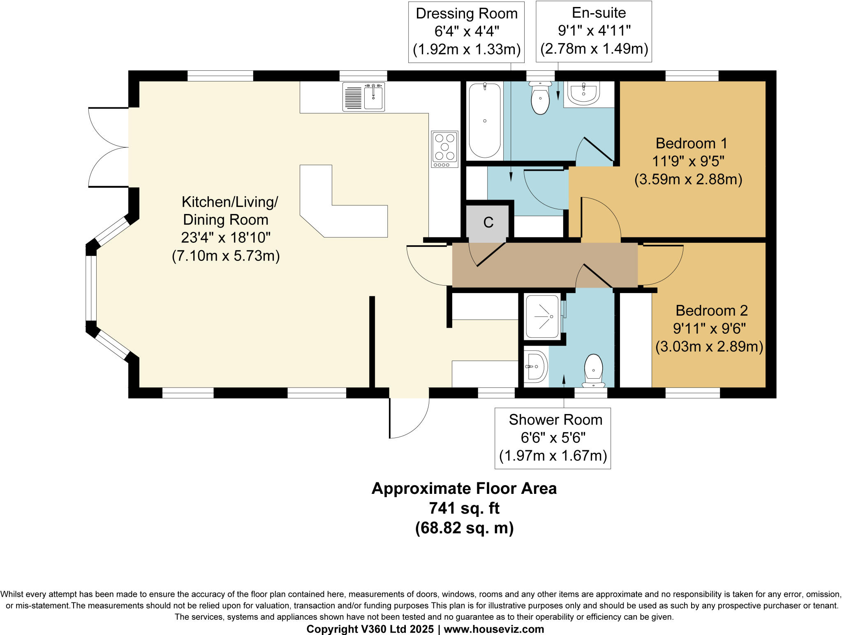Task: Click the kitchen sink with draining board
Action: click(x=363, y=97)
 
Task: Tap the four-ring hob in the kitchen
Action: click(x=444, y=149)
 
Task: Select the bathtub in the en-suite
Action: click(x=485, y=121)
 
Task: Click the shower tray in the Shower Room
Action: click(x=542, y=317)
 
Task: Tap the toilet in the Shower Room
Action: click(x=593, y=370)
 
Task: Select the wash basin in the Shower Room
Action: click(x=536, y=366)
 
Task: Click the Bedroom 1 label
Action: click(x=692, y=143)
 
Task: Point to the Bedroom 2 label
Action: click(x=711, y=310)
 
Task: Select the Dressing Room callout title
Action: click(x=467, y=14)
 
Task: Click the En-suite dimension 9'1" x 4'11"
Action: click(x=594, y=30)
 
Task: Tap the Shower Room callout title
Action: click(x=555, y=420)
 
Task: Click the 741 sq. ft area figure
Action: click(x=465, y=508)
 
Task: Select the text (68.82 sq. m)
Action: click(x=465, y=528)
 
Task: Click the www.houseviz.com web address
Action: click(x=494, y=629)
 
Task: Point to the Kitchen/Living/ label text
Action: click(x=230, y=202)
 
